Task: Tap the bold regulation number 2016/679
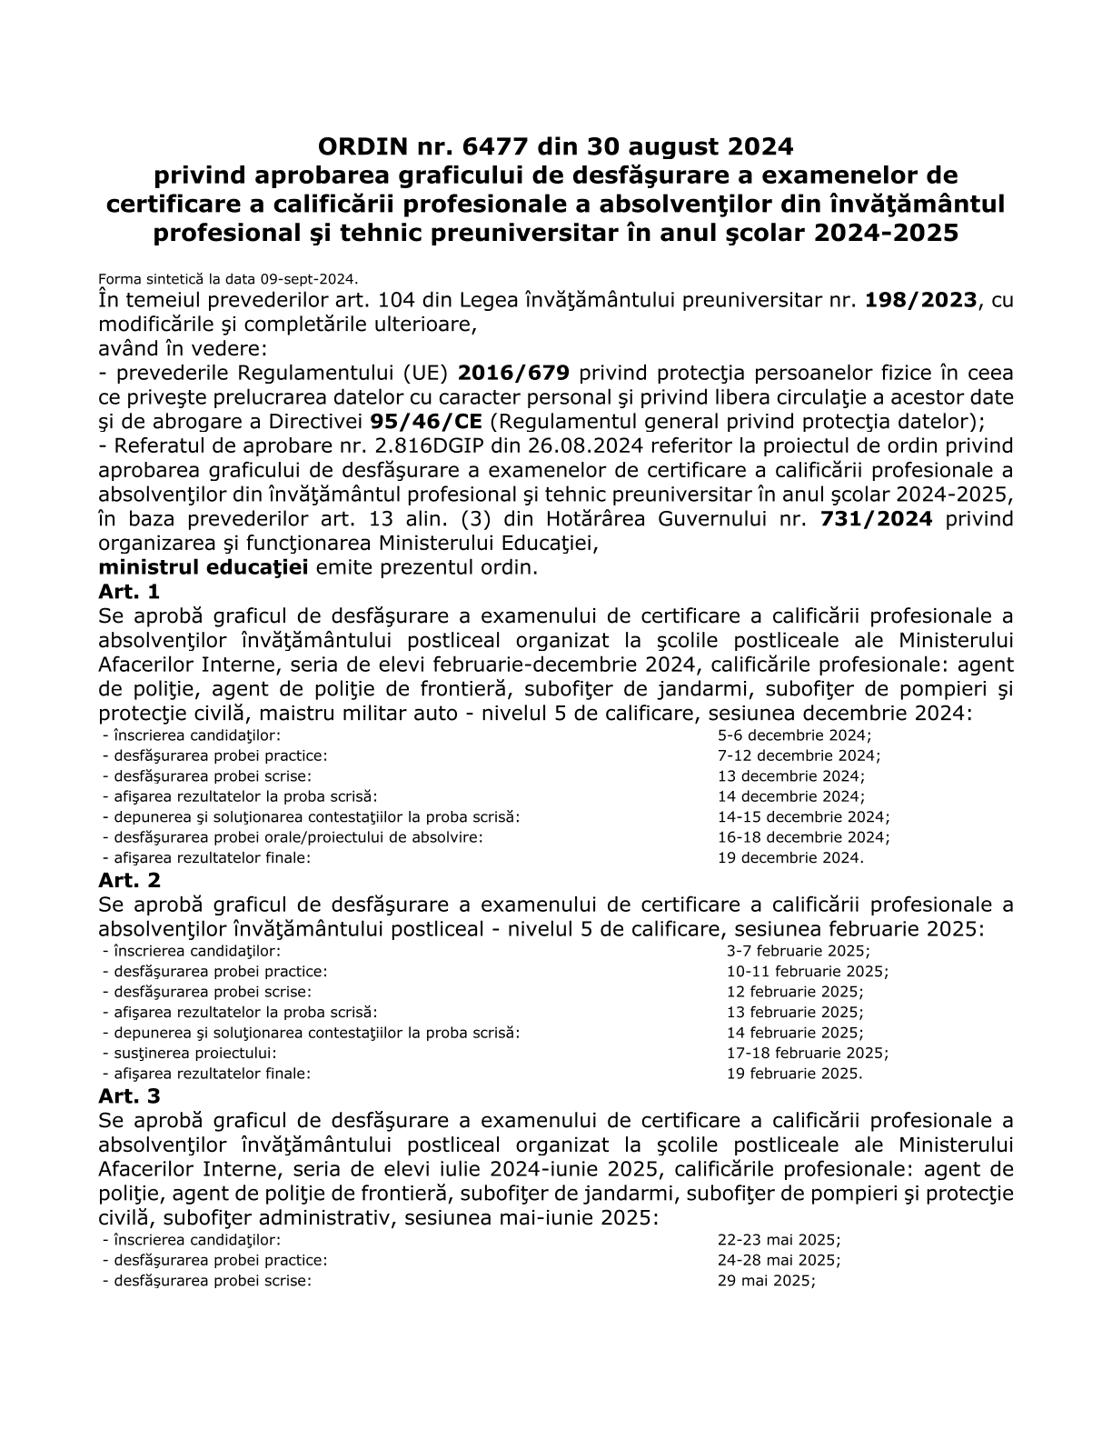514,373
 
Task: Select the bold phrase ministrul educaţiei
204,567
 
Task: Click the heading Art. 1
129,592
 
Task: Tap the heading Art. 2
129,880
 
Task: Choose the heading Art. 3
129,1096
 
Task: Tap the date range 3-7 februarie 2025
798,951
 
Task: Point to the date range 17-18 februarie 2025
807,1053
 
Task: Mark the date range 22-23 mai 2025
779,1240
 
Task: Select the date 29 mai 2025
766,1280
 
